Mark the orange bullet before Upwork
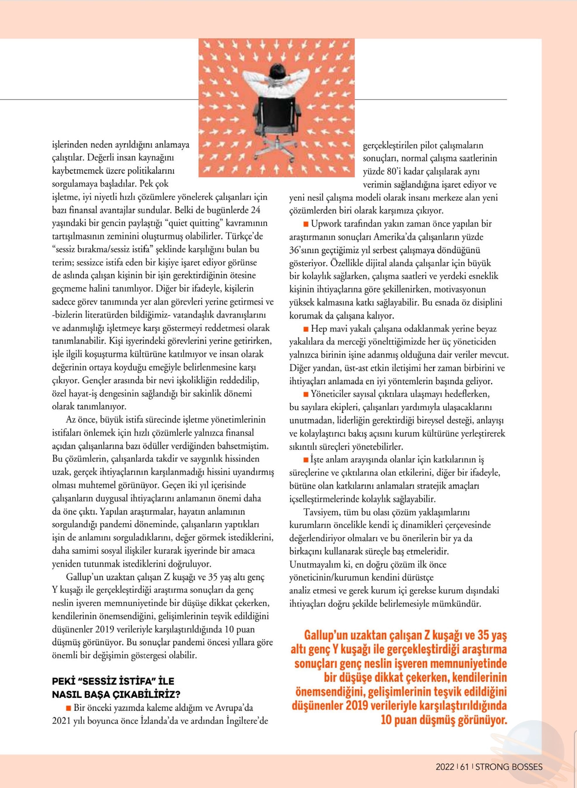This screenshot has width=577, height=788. click(306, 224)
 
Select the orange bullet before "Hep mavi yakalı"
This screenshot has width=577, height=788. click(306, 329)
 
